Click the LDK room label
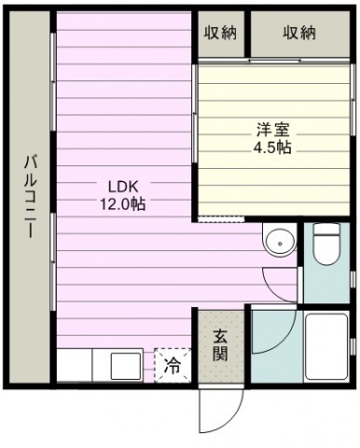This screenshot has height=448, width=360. [122, 187]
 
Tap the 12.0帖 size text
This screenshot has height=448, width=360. [122, 204]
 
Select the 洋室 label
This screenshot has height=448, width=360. [272, 130]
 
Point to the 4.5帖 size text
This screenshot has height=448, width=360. [272, 147]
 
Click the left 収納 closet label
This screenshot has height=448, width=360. [220, 33]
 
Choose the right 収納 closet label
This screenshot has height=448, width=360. [299, 33]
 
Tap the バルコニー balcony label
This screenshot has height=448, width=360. [31, 196]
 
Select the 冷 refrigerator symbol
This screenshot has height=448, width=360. [173, 365]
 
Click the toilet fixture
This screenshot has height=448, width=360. [325, 244]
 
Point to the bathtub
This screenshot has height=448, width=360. [326, 346]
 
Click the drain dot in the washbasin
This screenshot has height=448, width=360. [281, 244]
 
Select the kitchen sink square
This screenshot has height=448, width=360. [126, 366]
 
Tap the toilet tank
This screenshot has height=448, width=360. [325, 229]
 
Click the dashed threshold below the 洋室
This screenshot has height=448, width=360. [221, 219]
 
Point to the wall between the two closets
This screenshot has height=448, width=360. [247, 34]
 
